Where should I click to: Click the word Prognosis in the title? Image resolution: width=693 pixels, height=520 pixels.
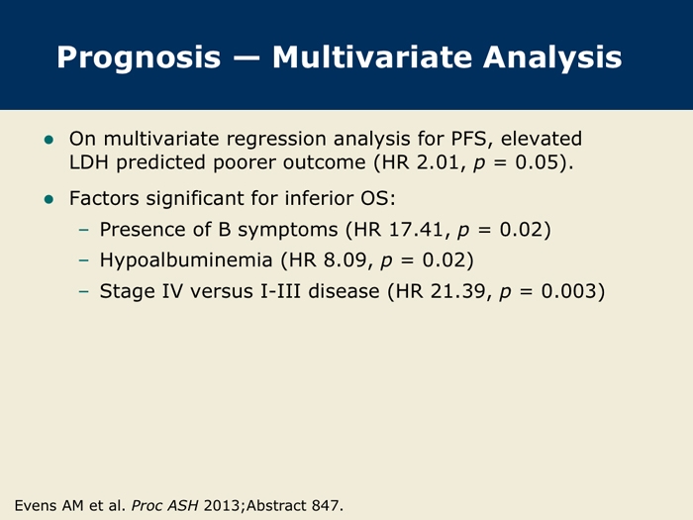click(x=139, y=58)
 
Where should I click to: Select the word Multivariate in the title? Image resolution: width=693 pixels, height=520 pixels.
click(x=372, y=56)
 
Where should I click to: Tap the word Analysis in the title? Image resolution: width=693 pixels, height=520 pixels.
click(x=552, y=58)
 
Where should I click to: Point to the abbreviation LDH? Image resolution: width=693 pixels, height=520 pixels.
click(x=89, y=162)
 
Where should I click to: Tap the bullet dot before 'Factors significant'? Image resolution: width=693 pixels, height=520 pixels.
click(x=49, y=199)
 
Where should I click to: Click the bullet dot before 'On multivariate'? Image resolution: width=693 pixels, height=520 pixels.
click(x=49, y=141)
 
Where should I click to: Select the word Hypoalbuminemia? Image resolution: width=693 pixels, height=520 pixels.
click(x=186, y=260)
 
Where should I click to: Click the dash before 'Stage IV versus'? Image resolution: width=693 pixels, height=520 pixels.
click(x=83, y=291)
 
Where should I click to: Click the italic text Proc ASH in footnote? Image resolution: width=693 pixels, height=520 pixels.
click(x=165, y=505)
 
